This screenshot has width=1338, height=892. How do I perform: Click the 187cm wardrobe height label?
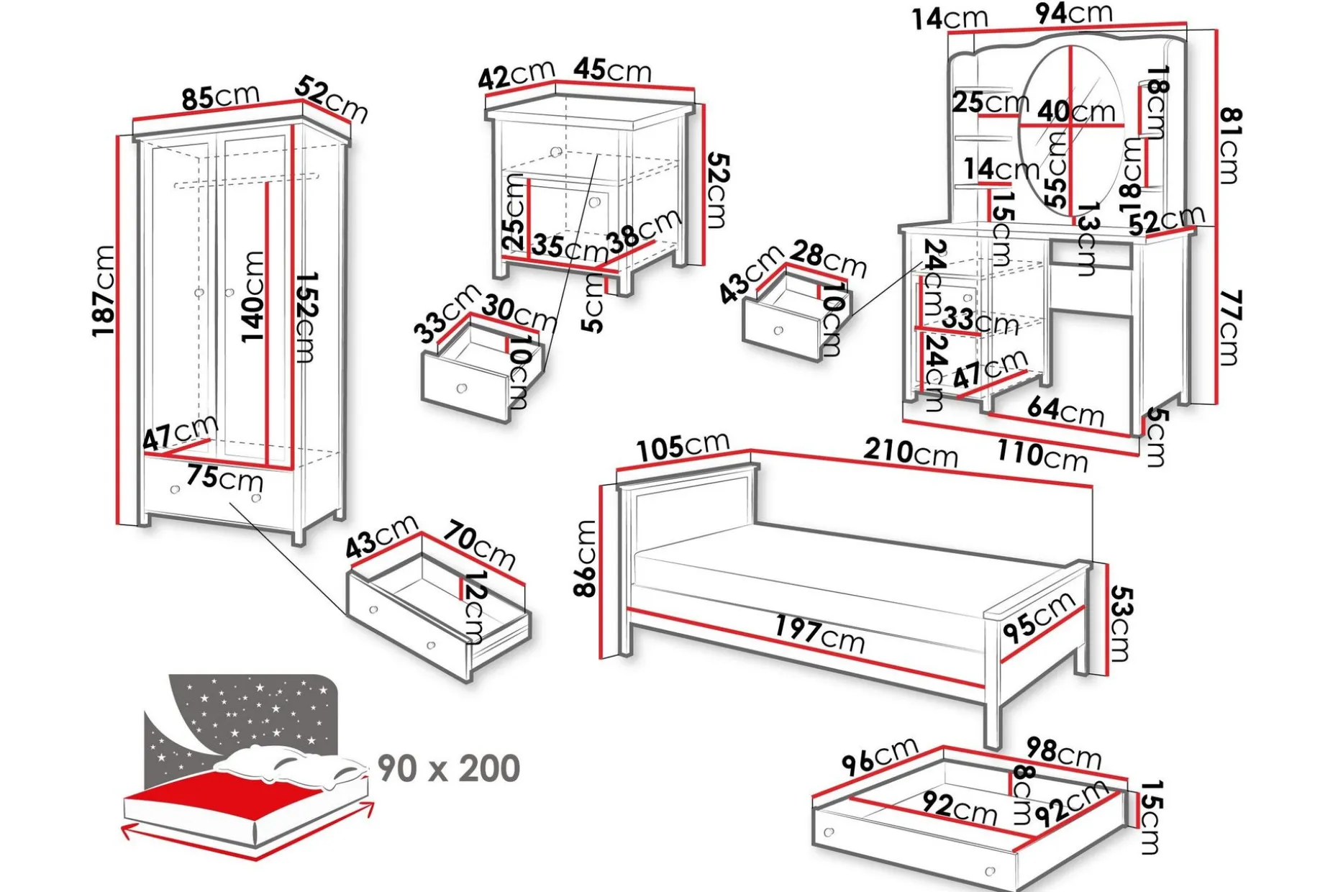pyautogui.click(x=104, y=290)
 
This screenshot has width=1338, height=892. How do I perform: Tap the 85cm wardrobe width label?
pyautogui.click(x=220, y=96)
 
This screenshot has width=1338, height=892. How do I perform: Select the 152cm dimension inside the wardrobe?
pyautogui.click(x=305, y=317)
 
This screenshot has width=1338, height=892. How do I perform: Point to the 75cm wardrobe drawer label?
pyautogui.click(x=224, y=478)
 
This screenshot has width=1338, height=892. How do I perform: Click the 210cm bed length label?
pyautogui.click(x=911, y=452)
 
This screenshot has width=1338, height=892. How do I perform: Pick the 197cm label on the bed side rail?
pyautogui.click(x=819, y=633)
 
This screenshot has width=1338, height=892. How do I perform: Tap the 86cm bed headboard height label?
pyautogui.click(x=586, y=558)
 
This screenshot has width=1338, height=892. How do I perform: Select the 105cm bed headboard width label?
pyautogui.click(x=683, y=446)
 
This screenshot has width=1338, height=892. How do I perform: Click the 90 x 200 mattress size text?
pyautogui.click(x=449, y=768)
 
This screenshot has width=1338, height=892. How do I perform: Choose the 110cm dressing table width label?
pyautogui.click(x=1042, y=455)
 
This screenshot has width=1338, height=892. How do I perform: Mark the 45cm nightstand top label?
pyautogui.click(x=612, y=70)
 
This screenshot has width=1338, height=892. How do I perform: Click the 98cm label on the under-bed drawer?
pyautogui.click(x=1063, y=752)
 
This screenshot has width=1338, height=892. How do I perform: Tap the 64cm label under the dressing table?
pyautogui.click(x=1065, y=411)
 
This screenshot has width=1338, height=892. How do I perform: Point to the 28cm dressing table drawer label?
pyautogui.click(x=828, y=259)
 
